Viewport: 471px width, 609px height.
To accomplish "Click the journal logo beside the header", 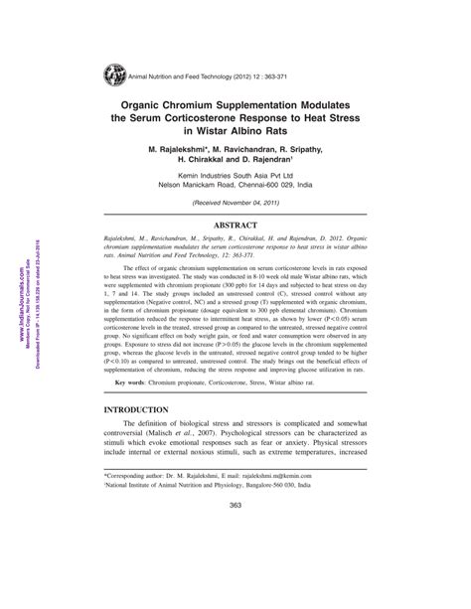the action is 108,72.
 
